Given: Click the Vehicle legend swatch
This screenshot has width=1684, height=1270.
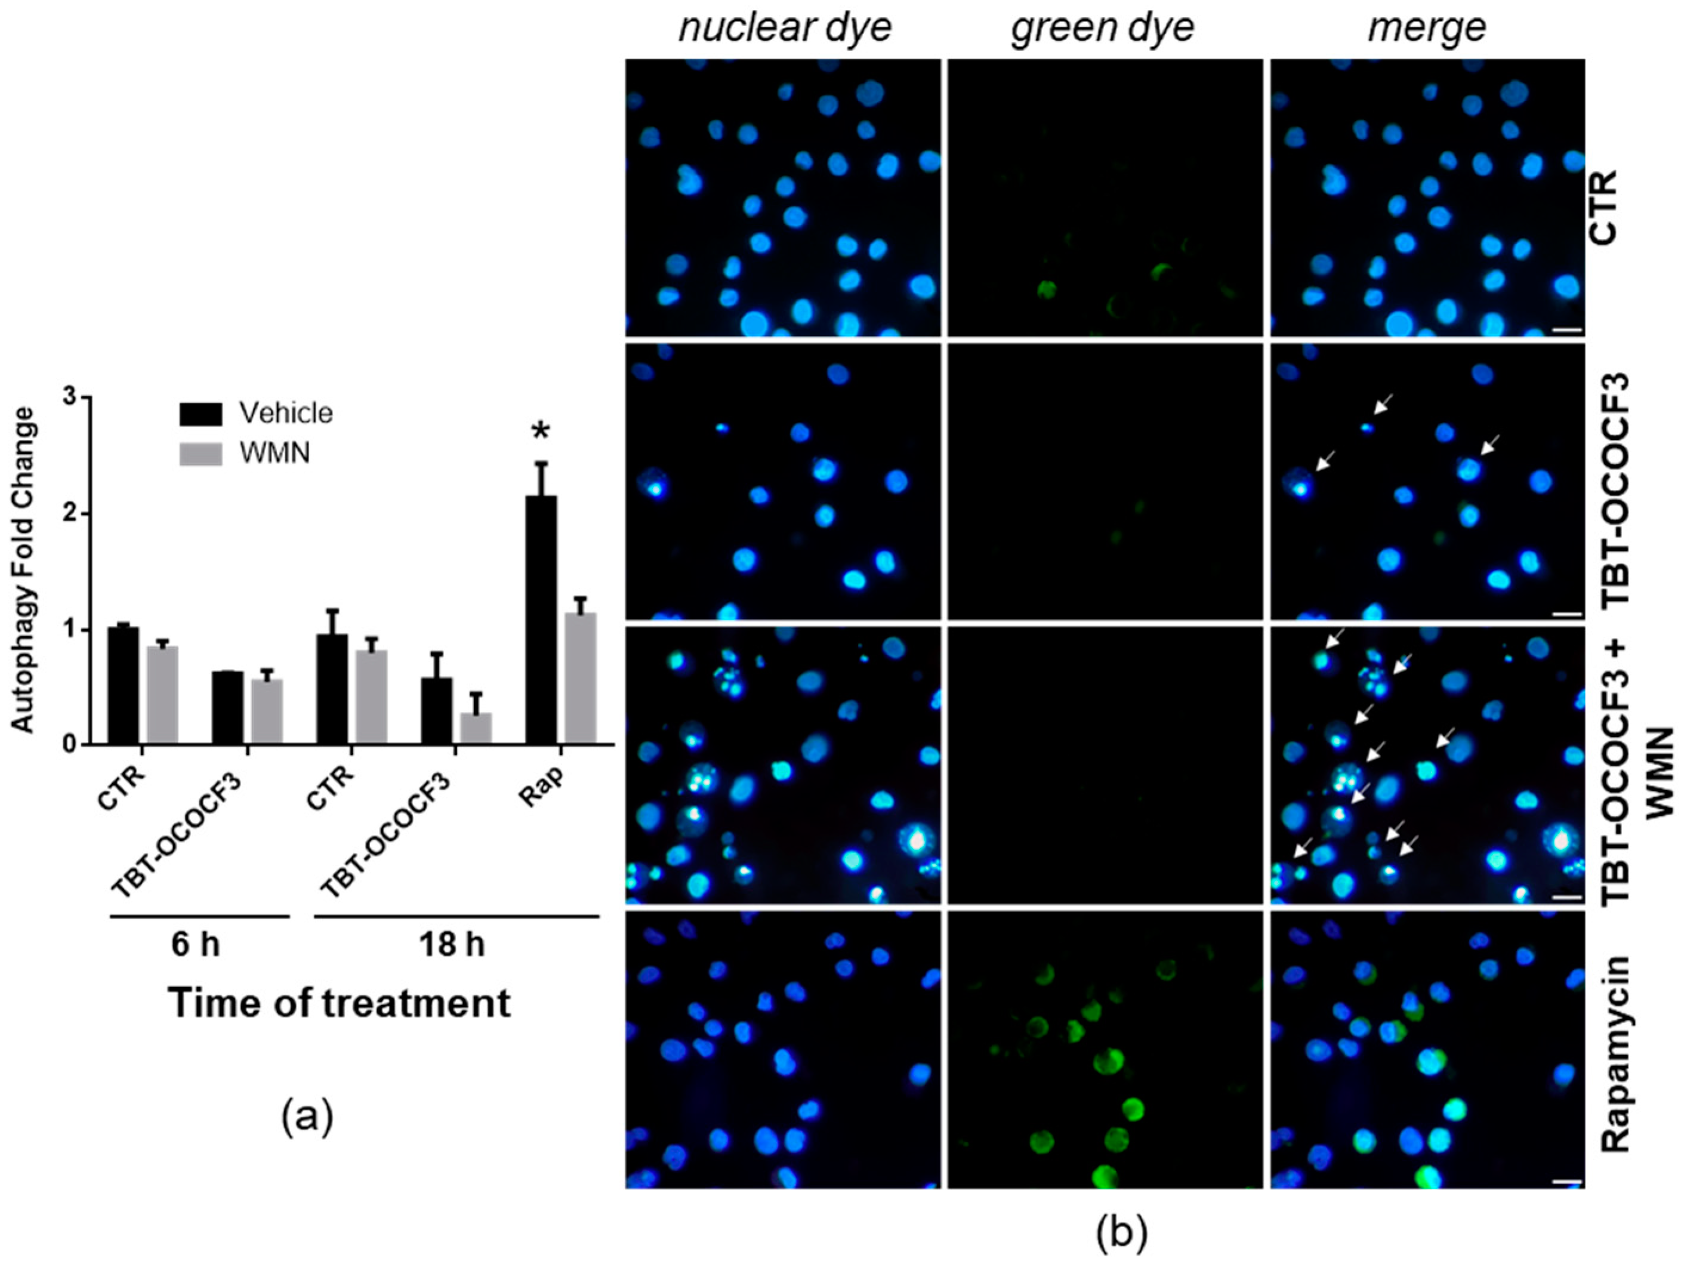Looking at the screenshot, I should [x=201, y=414].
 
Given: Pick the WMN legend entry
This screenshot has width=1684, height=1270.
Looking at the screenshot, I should [x=274, y=453].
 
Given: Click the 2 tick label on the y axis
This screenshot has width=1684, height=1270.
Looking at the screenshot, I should [x=72, y=513].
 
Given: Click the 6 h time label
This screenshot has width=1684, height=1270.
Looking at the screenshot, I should [x=196, y=944].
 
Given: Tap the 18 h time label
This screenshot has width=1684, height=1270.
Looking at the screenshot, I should [x=452, y=944].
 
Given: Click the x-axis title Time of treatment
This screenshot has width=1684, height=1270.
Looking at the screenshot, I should [x=340, y=1003].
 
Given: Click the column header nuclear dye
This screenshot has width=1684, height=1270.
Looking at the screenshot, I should [x=784, y=28].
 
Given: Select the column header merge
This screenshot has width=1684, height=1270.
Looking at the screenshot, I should [x=1427, y=28].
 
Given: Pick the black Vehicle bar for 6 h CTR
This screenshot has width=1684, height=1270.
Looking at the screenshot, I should [x=122, y=685].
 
